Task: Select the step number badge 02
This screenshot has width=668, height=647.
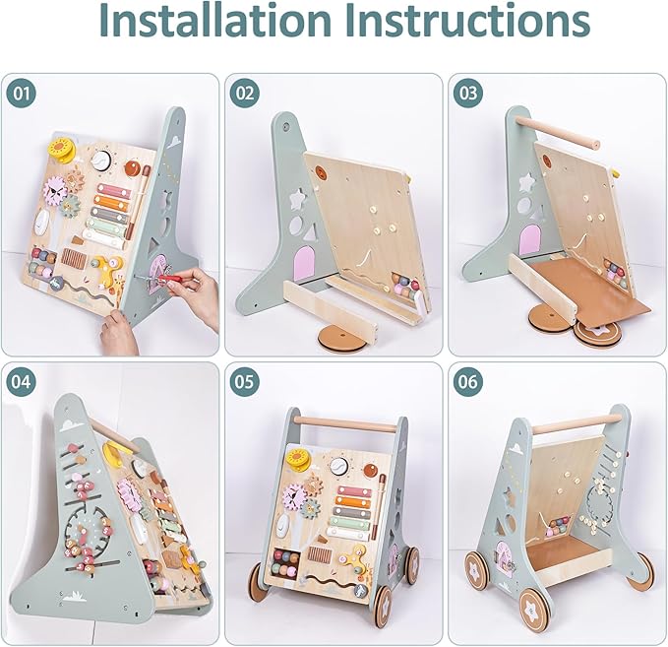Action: coord(245,95)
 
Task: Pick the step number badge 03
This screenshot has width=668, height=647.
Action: coord(468,95)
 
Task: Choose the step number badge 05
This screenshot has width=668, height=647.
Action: coord(245,383)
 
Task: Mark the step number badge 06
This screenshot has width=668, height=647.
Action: coord(468,383)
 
